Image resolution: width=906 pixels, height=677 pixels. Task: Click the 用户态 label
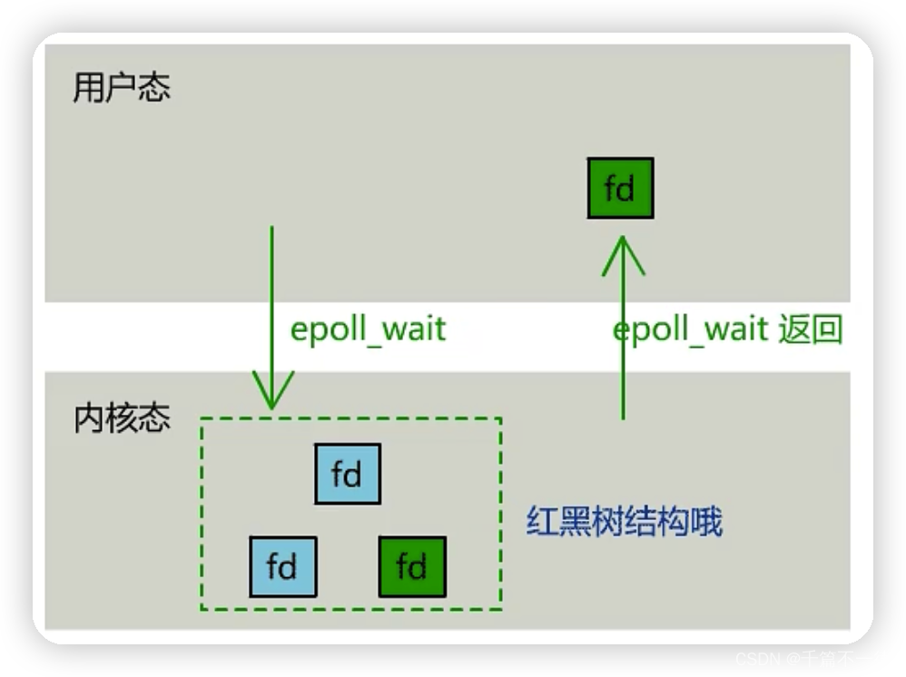[x=121, y=88]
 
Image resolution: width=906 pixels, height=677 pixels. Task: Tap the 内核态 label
[x=122, y=418]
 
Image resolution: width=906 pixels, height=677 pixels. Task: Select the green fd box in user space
[x=620, y=189]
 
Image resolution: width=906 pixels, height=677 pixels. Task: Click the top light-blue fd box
[x=348, y=474]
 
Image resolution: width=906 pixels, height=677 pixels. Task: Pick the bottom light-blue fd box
[x=283, y=566]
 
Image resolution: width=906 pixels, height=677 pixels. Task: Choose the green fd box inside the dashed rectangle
[x=412, y=566]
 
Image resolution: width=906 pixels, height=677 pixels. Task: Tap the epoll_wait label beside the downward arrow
[x=368, y=328]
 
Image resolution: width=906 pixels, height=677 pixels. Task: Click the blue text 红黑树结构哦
[x=625, y=522]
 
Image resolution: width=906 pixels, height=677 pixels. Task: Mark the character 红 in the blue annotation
[x=543, y=522]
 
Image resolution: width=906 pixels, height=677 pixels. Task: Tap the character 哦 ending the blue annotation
[x=706, y=522]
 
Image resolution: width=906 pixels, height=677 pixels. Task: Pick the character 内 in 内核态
[x=88, y=418]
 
